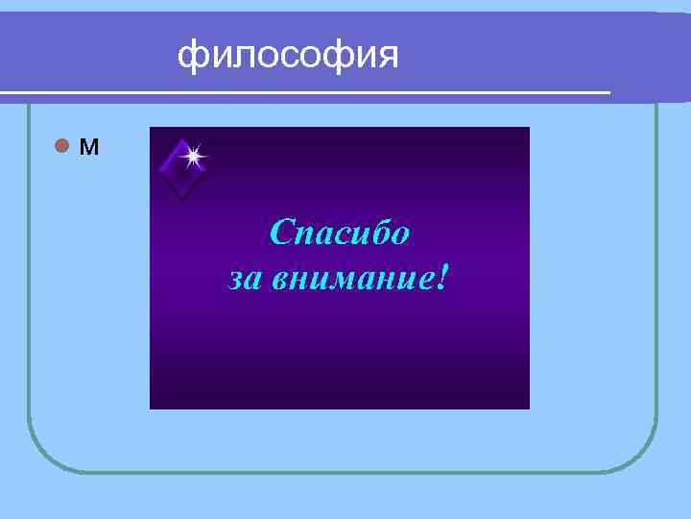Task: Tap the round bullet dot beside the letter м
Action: (x=61, y=147)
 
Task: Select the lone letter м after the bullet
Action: (x=88, y=148)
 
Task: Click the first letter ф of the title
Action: (x=192, y=57)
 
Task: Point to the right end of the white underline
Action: (x=608, y=92)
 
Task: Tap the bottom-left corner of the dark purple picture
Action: (x=152, y=408)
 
